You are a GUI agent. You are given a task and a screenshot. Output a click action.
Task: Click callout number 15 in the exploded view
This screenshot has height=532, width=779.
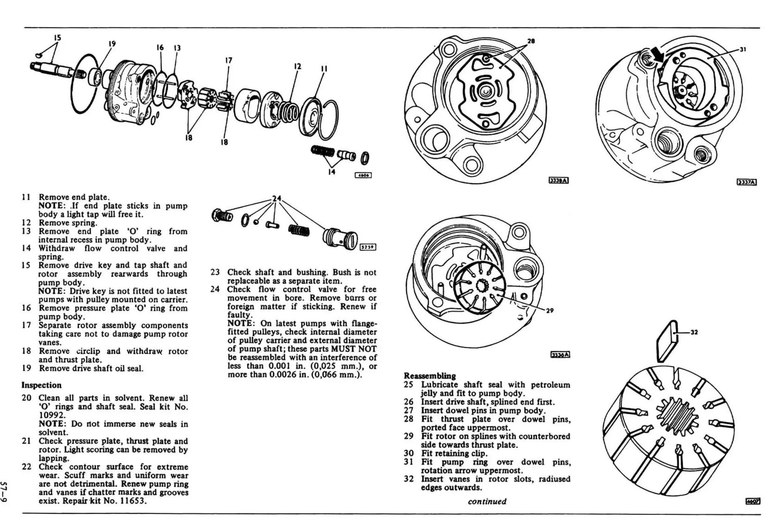(57, 38)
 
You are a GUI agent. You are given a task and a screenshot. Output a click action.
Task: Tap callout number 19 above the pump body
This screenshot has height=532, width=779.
(112, 44)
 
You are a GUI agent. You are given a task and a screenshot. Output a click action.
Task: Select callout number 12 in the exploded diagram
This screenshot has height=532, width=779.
(297, 66)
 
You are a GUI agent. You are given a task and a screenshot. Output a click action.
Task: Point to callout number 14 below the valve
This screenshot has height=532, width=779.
(332, 171)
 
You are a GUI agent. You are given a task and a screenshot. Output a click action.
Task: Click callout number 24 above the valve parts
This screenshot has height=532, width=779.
(276, 199)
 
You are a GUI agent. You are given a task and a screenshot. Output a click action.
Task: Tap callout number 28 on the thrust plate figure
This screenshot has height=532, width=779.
(531, 41)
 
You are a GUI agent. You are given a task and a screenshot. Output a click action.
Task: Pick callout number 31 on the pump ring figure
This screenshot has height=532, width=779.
(743, 50)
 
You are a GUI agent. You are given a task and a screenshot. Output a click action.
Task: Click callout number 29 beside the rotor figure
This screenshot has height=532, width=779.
(550, 311)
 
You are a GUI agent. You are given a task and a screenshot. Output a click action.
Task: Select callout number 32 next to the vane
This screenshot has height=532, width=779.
(694, 332)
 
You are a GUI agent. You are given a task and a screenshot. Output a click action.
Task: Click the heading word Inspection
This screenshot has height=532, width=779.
(41, 385)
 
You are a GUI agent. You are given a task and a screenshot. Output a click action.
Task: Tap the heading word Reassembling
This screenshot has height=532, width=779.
(430, 376)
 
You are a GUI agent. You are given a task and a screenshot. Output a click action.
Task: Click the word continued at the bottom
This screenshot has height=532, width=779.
(487, 502)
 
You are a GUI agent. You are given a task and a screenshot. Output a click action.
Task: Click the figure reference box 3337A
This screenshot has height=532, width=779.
(747, 182)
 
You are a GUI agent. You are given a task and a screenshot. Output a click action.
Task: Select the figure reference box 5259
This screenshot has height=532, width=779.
(368, 247)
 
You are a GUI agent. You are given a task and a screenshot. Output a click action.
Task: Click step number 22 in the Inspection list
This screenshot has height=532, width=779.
(26, 467)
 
